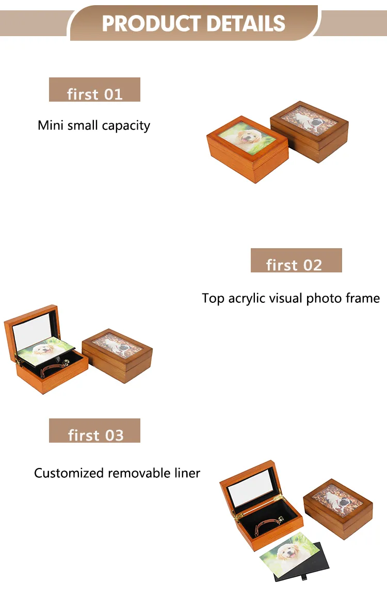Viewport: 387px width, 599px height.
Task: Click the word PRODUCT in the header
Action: (151, 23)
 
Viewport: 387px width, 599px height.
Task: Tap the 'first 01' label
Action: (95, 90)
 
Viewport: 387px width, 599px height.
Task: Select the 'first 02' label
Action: (296, 261)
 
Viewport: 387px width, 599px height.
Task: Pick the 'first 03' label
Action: (95, 430)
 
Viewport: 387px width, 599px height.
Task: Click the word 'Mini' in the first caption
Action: (51, 125)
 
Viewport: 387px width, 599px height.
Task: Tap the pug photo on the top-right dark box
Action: (310, 119)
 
